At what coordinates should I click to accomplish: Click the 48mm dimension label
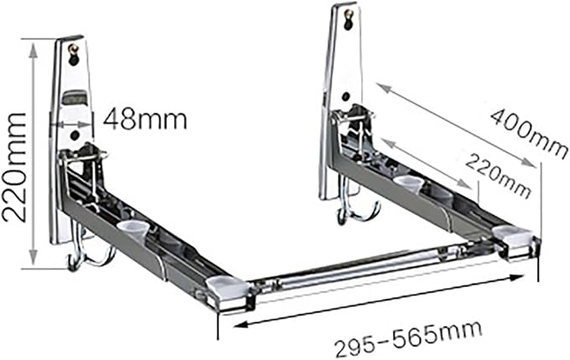(145, 119)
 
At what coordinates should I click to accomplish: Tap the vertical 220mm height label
(14, 167)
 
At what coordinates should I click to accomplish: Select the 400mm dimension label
(529, 134)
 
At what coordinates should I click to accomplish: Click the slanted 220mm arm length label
(498, 175)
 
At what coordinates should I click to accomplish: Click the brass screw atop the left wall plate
(74, 48)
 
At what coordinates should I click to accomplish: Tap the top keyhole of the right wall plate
(349, 19)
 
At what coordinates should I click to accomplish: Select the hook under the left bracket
(90, 252)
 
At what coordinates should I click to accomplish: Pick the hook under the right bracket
(358, 207)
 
